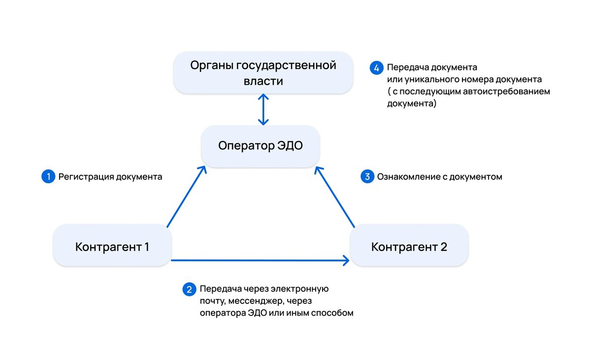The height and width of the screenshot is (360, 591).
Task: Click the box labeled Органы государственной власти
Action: [x=263, y=73]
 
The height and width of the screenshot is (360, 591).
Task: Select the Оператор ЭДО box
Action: [x=261, y=146]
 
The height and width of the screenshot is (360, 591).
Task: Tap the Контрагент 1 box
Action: [x=112, y=246]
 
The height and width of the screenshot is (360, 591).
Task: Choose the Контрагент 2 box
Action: [x=409, y=246]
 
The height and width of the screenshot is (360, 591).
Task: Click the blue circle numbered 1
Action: [x=48, y=177]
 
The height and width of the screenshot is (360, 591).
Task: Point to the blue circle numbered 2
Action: [x=189, y=289]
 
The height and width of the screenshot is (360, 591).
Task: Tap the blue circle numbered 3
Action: [x=367, y=177]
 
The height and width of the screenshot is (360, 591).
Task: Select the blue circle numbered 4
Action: [x=377, y=67]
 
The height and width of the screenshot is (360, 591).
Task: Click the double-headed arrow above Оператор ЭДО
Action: [x=264, y=109]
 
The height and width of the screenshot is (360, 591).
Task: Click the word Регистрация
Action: [x=86, y=177]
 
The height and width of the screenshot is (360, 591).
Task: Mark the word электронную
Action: [x=301, y=289]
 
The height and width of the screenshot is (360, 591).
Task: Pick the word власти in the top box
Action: [x=263, y=81]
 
